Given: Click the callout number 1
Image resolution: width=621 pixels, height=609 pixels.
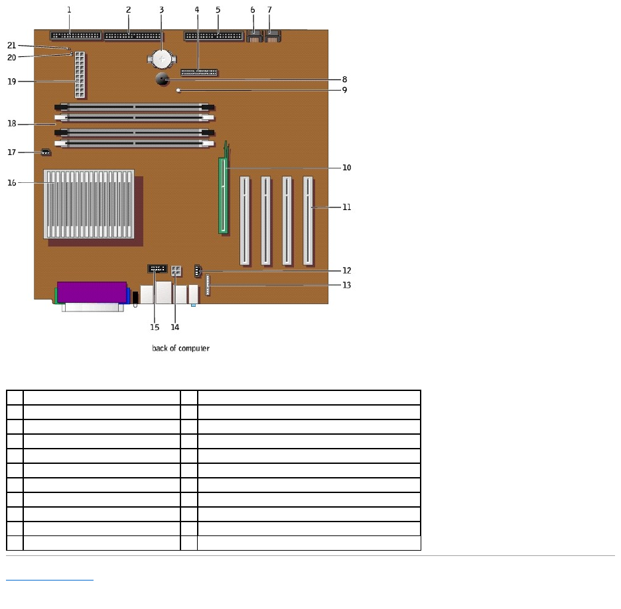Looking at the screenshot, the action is tap(69, 10).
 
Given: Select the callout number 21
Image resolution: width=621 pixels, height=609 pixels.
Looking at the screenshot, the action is tap(11, 45).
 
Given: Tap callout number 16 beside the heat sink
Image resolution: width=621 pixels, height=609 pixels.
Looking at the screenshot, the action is tap(11, 182).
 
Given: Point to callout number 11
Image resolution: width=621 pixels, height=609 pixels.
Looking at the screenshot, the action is tap(346, 207).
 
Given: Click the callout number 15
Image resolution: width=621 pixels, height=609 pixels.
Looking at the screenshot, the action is tap(155, 327).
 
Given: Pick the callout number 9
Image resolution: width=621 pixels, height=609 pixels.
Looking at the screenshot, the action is tap(344, 89).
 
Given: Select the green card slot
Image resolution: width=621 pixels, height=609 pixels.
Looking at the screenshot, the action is tap(224, 195).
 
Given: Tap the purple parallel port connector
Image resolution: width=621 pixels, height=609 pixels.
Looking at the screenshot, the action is tap(92, 290).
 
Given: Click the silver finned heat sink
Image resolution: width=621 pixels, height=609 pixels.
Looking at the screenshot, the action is tap(89, 203).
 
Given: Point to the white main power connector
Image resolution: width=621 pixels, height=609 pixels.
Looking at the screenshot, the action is tap(80, 74).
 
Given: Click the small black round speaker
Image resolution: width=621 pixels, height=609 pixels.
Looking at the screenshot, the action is tap(163, 80).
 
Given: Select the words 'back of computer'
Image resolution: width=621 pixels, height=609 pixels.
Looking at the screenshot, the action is tap(180, 348).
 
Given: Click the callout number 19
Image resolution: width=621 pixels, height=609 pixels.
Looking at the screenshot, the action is tap(11, 82).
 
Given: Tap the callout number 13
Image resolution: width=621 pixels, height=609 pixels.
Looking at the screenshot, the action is tap(346, 285).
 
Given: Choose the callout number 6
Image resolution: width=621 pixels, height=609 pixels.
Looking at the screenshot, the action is tap(253, 10).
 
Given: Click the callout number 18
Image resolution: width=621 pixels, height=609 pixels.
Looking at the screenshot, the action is tap(11, 123).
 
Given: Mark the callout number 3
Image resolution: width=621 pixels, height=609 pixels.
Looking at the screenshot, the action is tap(161, 10).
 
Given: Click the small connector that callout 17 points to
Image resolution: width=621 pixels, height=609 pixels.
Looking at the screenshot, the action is tap(46, 152).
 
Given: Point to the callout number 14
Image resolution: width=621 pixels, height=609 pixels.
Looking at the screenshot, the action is tap(175, 327).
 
